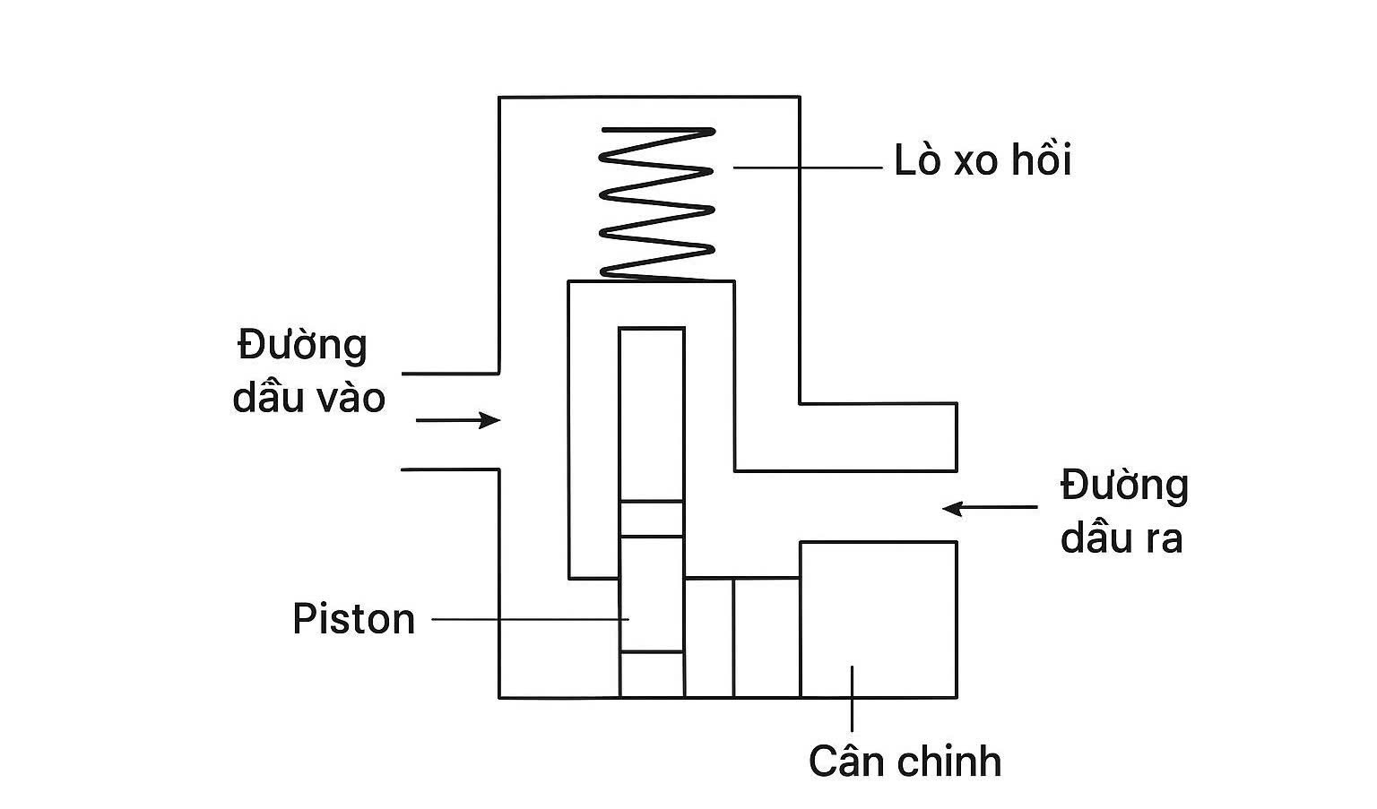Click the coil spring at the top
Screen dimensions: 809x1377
(x=657, y=203)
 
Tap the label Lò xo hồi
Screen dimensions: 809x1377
(x=983, y=161)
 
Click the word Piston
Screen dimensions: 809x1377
(x=354, y=619)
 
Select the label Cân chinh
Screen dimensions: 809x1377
(x=905, y=762)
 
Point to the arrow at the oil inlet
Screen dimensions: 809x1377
(x=457, y=420)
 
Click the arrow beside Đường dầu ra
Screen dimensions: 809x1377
(x=990, y=508)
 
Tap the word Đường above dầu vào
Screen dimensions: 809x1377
(x=303, y=346)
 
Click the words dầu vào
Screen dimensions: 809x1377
(x=309, y=398)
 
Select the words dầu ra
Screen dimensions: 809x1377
(x=1122, y=539)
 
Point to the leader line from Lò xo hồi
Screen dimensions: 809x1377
(x=807, y=168)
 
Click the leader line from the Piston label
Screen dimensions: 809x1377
(x=529, y=618)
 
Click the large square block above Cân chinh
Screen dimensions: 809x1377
(x=878, y=618)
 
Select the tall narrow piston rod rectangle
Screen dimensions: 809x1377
(x=652, y=412)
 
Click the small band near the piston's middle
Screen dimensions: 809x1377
(x=652, y=519)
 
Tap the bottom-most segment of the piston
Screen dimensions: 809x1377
(x=652, y=674)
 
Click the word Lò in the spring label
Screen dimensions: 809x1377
(x=914, y=161)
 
